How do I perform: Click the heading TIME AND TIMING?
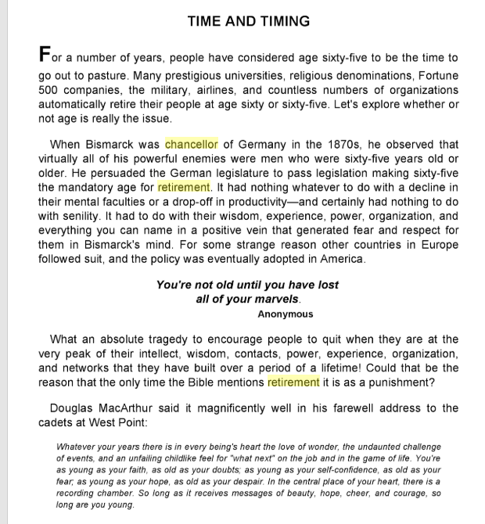[249, 21]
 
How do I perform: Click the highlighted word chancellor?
[192, 145]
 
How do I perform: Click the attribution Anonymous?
[285, 314]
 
